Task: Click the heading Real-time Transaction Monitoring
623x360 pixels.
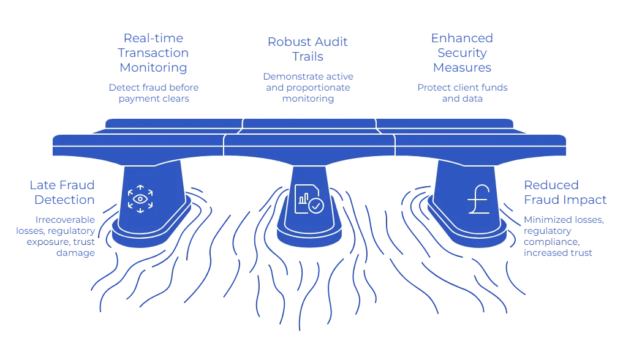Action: click(153, 53)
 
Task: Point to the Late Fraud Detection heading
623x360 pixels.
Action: click(63, 192)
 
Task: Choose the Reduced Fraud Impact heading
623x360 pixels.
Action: click(565, 192)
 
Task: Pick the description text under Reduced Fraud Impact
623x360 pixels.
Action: click(567, 235)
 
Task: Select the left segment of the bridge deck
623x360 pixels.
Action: click(138, 143)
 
